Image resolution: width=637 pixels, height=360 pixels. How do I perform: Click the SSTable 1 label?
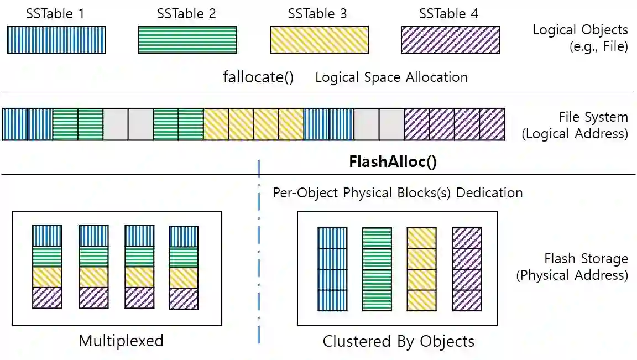[x=55, y=14]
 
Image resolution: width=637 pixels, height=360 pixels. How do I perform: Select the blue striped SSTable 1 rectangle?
[x=56, y=40]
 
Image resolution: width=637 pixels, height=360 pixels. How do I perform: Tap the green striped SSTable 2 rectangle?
[x=187, y=40]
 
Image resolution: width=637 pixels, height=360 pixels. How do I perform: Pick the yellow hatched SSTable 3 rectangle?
[x=318, y=40]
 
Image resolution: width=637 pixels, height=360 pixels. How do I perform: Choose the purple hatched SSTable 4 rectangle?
[x=450, y=40]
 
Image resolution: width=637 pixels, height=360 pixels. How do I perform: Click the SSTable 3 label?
[x=317, y=14]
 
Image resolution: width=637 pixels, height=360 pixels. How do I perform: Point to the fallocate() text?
[x=258, y=77]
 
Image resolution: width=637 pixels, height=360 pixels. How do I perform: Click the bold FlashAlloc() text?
[x=393, y=161]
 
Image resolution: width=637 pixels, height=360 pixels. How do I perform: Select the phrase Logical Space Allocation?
[x=391, y=77]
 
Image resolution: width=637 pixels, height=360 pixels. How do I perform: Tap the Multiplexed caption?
[x=121, y=340]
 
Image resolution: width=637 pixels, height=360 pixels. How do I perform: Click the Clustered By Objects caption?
[x=398, y=341]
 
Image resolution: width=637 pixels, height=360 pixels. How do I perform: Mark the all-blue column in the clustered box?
[x=332, y=269]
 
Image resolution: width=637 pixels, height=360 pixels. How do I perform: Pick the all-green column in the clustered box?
[x=377, y=269]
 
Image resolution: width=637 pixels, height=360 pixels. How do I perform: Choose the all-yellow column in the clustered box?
[x=421, y=269]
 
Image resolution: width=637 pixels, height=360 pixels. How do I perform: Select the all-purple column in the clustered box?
[x=466, y=269]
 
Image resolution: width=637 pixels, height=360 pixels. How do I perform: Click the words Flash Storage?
[x=586, y=259]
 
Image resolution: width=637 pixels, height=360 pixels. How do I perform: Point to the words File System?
[x=593, y=117]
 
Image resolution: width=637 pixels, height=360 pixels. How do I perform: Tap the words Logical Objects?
[x=580, y=30]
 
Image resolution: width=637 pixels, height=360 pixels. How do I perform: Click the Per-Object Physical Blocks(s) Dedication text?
[x=398, y=193]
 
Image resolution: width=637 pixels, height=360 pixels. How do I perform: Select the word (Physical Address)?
[x=572, y=275]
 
